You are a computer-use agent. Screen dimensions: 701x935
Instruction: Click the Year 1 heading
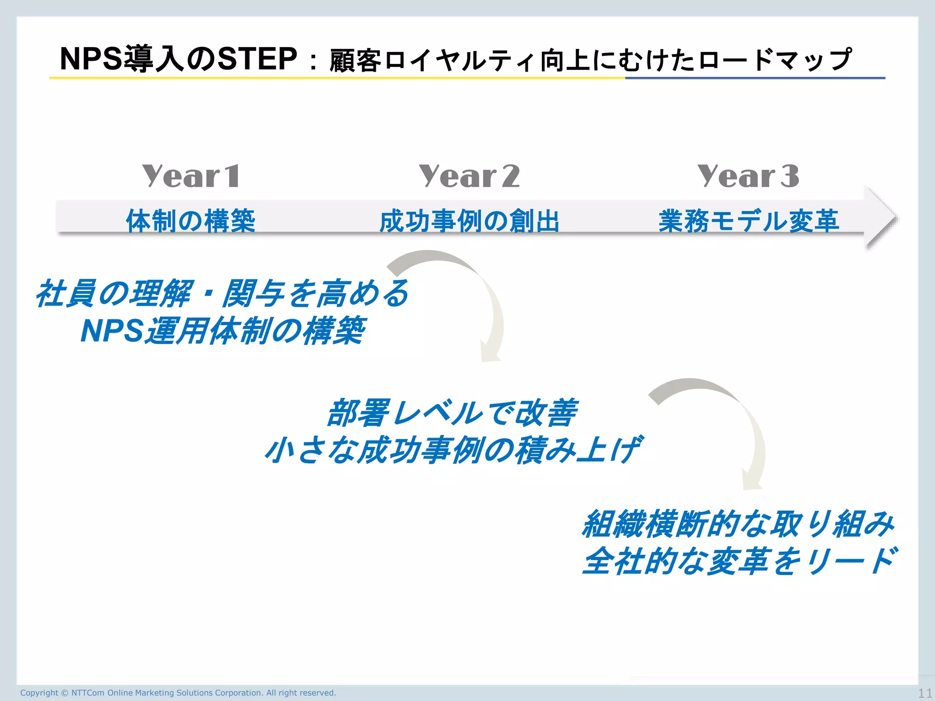(x=190, y=176)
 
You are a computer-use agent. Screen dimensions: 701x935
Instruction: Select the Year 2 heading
(x=469, y=176)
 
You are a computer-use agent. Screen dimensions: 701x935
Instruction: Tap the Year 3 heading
(x=748, y=176)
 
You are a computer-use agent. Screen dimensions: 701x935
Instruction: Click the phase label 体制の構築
(x=190, y=221)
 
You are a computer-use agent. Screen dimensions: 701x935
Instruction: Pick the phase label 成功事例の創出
(x=469, y=221)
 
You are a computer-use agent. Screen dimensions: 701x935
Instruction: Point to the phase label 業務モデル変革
(x=748, y=221)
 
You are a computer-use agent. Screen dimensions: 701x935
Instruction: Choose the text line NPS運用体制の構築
(x=222, y=330)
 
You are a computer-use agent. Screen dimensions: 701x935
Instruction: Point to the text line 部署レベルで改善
(x=452, y=413)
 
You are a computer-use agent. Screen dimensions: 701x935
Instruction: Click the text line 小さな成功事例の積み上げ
(x=452, y=450)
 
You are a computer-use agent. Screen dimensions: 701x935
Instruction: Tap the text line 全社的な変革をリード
(x=740, y=561)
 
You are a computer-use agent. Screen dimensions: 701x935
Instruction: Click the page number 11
(x=925, y=693)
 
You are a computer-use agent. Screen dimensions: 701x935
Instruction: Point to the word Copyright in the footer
(x=39, y=693)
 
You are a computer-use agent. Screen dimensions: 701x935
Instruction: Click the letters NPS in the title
(x=91, y=59)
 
